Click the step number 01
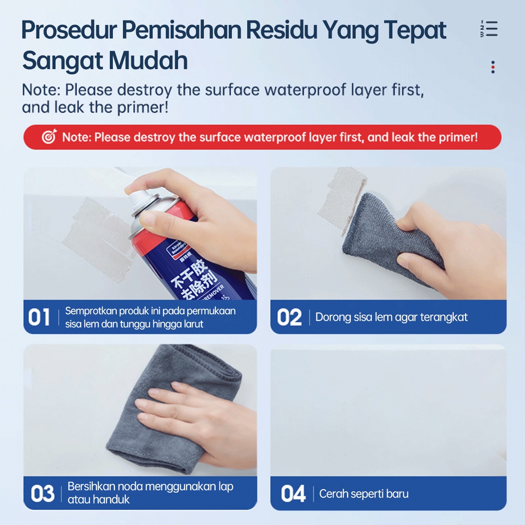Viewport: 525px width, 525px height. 39,317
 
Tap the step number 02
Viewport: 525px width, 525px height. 289,317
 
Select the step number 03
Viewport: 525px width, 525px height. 43,494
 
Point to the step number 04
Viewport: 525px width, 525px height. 293,494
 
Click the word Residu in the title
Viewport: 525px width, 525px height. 281,30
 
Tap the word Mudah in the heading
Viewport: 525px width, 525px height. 148,60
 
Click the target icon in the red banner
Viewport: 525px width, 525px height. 49,136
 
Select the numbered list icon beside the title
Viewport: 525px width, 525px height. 489,29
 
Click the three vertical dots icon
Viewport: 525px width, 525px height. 493,67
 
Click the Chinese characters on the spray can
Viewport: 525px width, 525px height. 194,278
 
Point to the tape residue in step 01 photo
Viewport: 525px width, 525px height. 99,239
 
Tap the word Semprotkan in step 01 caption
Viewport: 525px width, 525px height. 91,311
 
